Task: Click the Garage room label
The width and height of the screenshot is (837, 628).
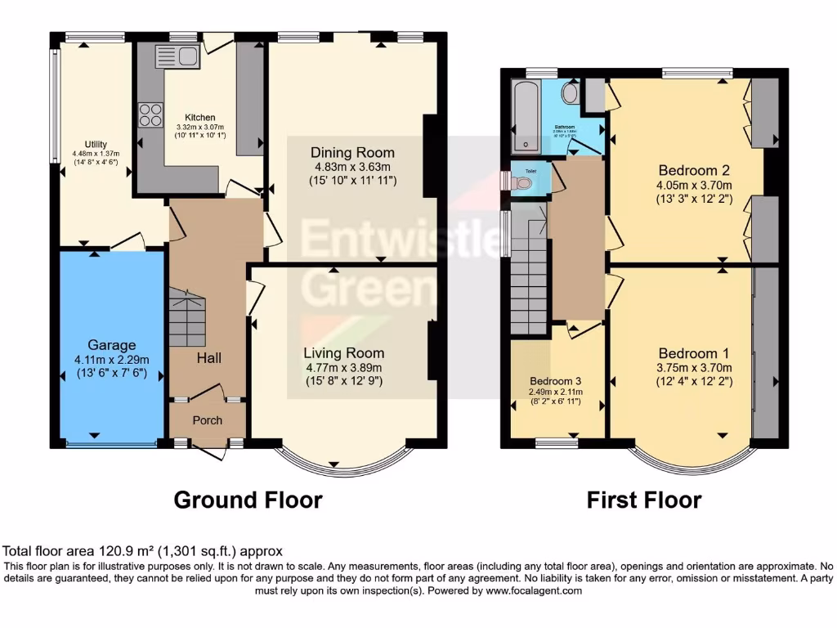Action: click(x=113, y=345)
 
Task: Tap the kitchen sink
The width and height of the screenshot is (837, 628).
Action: click(x=177, y=56)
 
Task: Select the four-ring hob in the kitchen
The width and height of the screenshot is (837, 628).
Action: click(x=150, y=114)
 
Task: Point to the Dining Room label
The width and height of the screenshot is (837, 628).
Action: click(x=352, y=153)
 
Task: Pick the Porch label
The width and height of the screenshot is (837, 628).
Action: click(x=207, y=421)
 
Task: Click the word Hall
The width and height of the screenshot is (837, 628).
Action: click(x=208, y=357)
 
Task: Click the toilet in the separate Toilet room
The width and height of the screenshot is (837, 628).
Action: click(x=521, y=182)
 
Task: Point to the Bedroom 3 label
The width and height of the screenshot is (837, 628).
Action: click(x=556, y=382)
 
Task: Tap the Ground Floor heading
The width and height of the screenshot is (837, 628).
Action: click(x=248, y=500)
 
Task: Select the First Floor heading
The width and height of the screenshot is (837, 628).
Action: click(x=644, y=500)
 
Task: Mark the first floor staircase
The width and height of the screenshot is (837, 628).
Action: click(x=527, y=278)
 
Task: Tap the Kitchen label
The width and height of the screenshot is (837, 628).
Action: click(x=199, y=116)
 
